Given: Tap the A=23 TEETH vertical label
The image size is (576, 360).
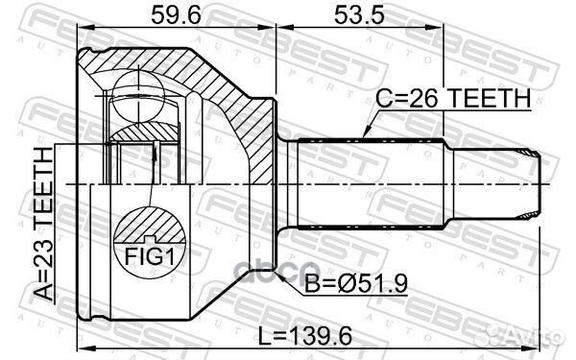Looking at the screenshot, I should [x=42, y=227].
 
